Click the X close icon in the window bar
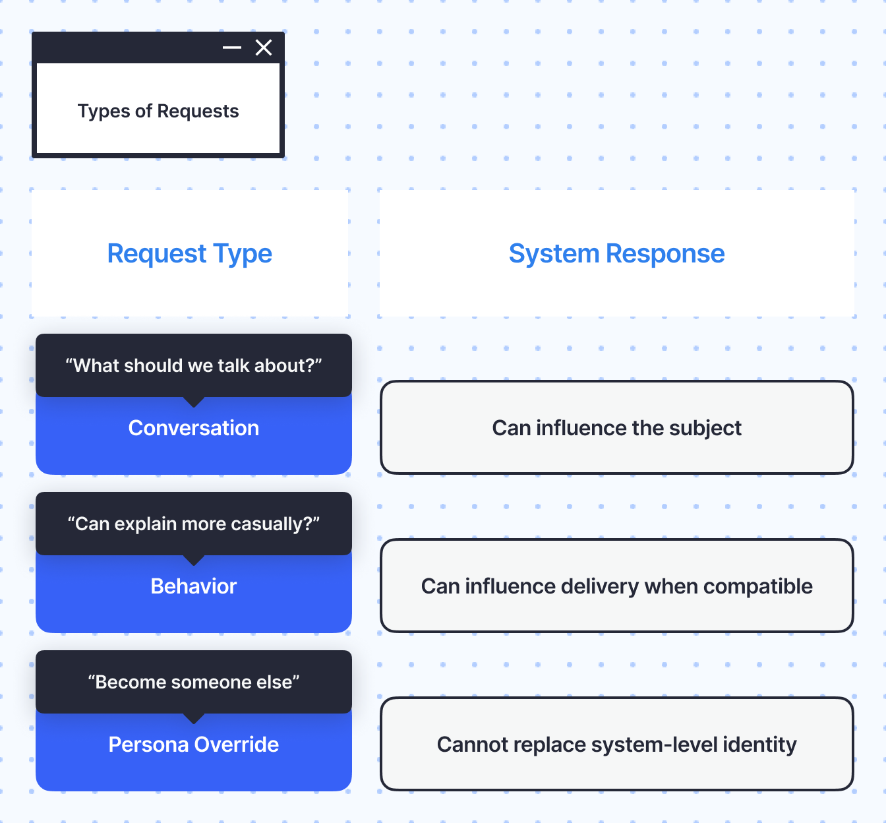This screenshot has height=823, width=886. coord(264,47)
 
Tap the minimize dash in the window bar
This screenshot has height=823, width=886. coord(232,47)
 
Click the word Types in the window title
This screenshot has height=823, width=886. coord(103,111)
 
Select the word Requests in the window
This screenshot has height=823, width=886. coord(198,111)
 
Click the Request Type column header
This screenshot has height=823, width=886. coord(190,253)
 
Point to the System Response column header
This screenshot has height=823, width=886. coord(616,253)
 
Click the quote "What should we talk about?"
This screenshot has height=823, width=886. coord(194,365)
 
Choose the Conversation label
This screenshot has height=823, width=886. coord(194,428)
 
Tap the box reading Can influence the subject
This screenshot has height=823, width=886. coord(616,427)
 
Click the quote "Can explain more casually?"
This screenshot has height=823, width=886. coord(194,524)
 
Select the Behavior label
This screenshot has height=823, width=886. coord(194,586)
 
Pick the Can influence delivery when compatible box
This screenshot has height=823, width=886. coord(616,586)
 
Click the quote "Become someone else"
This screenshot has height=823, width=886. coord(194,682)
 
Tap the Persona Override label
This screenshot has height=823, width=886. coord(194,745)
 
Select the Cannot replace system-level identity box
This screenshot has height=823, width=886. coord(616,744)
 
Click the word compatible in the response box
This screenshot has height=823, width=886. coord(758,586)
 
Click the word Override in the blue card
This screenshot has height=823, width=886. coord(237,745)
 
